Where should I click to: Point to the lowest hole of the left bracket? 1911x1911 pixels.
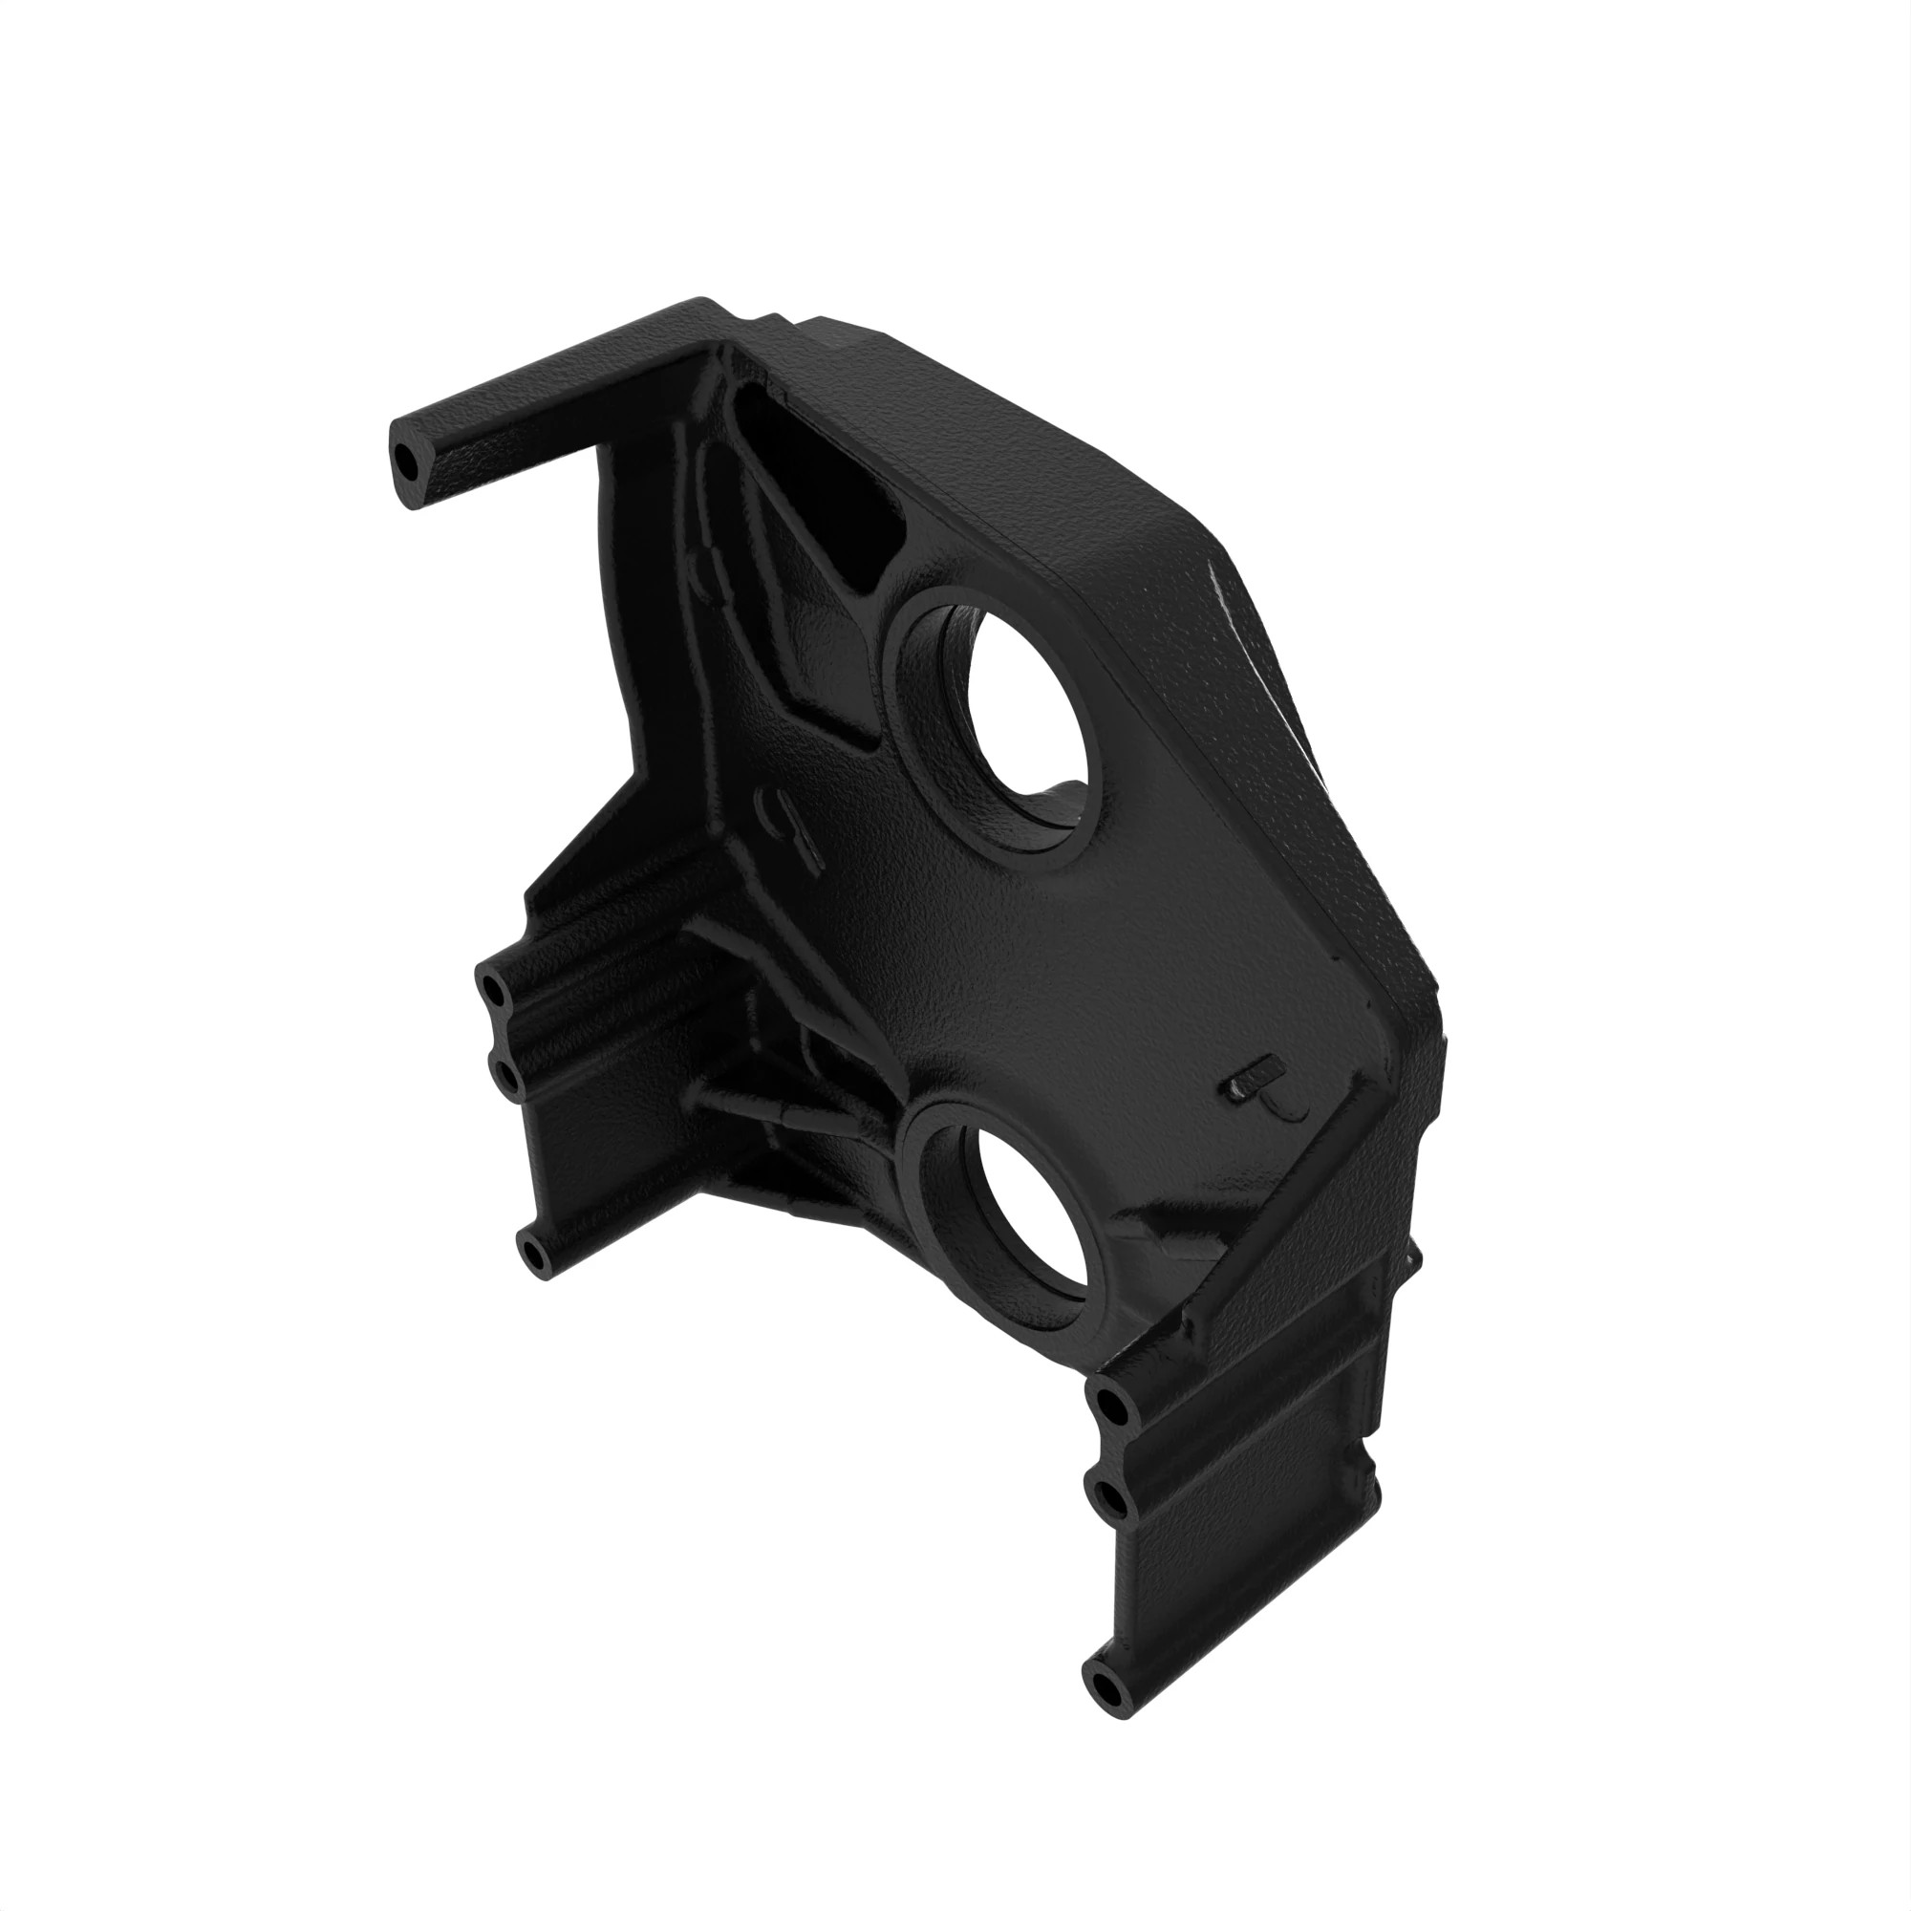coord(535,1255)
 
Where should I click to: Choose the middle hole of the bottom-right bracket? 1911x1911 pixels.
coord(1112,1499)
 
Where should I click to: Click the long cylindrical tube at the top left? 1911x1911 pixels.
coord(554,396)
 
